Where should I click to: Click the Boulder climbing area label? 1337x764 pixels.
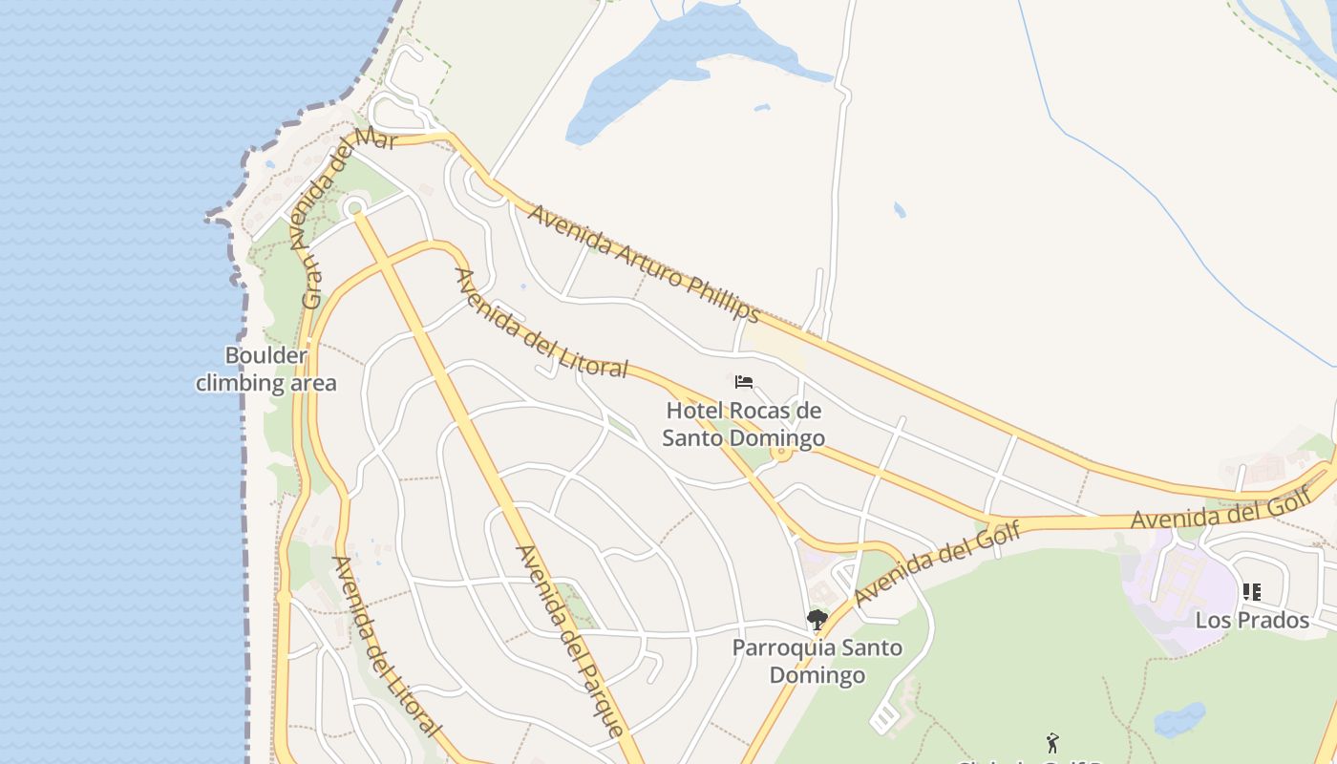click(266, 370)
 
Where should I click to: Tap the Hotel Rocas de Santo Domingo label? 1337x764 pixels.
click(744, 425)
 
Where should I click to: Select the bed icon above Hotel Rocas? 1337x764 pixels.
click(744, 382)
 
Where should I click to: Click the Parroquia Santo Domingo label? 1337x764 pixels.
click(817, 661)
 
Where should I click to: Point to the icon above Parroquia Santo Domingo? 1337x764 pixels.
click(817, 620)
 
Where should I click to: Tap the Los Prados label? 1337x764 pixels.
click(1252, 621)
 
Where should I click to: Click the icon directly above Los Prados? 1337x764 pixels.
click(1252, 592)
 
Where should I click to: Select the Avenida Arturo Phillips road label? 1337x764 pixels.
click(645, 263)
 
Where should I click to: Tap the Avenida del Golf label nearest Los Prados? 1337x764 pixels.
click(1219, 505)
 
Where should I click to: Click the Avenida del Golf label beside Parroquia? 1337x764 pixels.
click(937, 563)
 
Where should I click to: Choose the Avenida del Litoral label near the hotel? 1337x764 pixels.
click(541, 323)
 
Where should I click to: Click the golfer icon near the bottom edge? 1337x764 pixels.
click(1052, 742)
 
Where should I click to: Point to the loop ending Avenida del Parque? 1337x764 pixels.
click(355, 206)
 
